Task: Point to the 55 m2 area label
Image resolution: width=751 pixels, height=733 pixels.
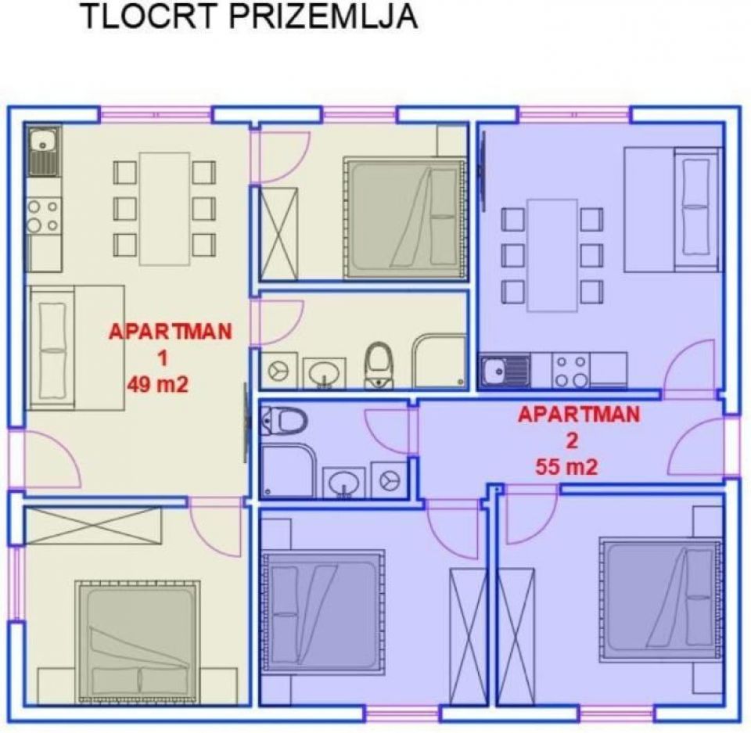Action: coord(567,467)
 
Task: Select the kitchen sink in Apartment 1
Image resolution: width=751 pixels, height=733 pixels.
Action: coord(42,153)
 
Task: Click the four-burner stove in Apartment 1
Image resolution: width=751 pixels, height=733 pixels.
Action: coord(43,215)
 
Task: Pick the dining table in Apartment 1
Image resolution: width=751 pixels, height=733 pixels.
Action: coord(164,208)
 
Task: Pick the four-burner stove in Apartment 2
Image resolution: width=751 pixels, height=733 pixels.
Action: coord(570,370)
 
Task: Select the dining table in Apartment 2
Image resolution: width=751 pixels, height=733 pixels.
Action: coord(552,254)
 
